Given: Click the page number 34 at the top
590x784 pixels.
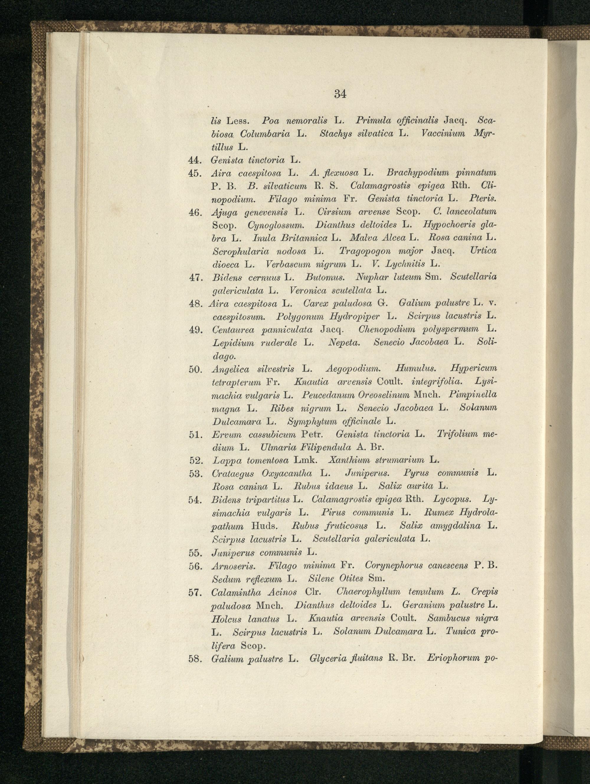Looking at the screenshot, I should [x=340, y=94].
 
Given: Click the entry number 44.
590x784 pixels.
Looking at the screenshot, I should [x=195, y=160].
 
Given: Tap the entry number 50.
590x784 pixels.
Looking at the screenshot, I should [x=195, y=369].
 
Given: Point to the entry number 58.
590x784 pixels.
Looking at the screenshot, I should [x=195, y=659].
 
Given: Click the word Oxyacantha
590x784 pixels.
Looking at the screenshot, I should [x=286, y=474].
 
